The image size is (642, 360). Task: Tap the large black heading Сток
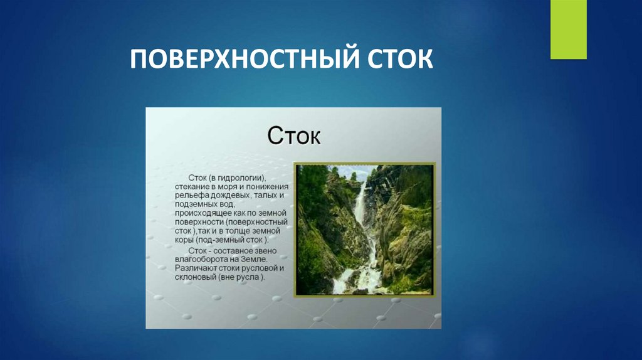294,135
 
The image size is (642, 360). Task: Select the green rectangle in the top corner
568,29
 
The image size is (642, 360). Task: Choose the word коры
184,240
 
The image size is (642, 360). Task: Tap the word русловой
259,267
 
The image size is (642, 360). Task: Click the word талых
260,196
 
